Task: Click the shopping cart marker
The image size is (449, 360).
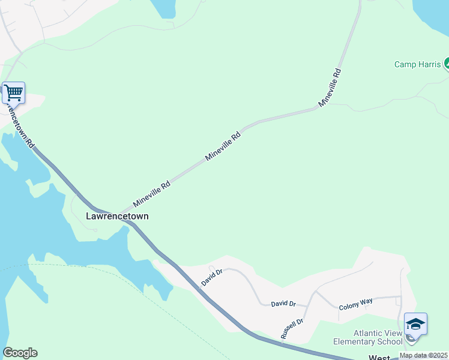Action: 13,94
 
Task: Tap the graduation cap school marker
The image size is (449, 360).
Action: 415,325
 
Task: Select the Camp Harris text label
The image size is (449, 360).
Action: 417,64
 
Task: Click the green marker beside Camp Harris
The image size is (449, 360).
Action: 446,64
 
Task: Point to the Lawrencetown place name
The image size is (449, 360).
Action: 117,216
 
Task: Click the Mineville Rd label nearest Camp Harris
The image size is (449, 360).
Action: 330,88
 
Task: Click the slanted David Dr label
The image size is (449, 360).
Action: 212,277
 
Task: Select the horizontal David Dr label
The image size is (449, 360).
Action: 283,304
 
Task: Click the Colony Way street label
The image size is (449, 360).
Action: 356,306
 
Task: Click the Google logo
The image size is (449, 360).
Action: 20,353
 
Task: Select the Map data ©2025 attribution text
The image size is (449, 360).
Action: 424,355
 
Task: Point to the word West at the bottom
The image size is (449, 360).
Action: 379,358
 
